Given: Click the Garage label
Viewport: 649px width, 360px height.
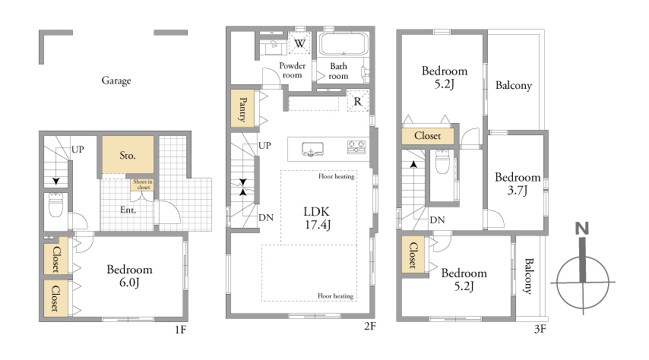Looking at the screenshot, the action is [116, 81].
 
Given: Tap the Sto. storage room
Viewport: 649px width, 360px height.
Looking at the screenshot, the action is [128, 155].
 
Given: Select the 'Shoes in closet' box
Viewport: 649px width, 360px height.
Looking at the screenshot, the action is [143, 185].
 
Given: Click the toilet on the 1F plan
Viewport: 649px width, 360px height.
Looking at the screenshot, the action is [56, 204].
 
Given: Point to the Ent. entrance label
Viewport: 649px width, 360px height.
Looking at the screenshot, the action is [128, 210].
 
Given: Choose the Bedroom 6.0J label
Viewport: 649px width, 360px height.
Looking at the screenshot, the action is [129, 276].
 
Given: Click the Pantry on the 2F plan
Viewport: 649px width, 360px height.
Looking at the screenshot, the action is [242, 109].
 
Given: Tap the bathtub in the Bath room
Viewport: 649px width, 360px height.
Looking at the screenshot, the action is [343, 44].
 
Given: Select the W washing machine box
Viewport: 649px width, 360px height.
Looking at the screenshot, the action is [299, 43].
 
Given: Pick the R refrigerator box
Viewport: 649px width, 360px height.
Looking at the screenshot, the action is [358, 101].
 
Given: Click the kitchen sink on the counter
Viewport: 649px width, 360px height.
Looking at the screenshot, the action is [312, 149].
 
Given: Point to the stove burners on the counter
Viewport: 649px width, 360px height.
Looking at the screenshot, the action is [356, 147].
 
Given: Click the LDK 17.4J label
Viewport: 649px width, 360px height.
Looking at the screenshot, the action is [317, 218].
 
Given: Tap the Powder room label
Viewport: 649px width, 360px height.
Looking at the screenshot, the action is [293, 71].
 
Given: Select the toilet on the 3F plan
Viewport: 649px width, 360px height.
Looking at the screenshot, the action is [442, 162].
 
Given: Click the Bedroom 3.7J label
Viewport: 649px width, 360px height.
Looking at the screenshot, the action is [518, 183].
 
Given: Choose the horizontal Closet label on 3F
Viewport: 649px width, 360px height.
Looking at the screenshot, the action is [428, 136].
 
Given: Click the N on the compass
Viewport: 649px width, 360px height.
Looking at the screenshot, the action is [581, 228].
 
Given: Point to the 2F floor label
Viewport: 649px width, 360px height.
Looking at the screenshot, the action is [370, 326].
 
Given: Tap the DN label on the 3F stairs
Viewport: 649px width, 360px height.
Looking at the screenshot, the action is [437, 220].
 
